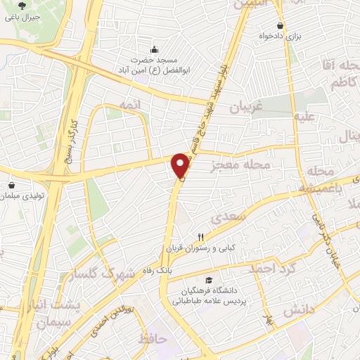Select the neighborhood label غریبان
pyautogui.click(x=246, y=108)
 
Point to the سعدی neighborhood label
pyautogui.click(x=233, y=218)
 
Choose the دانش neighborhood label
pyautogui.click(x=300, y=309)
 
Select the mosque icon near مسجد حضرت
pyautogui.click(x=155, y=50)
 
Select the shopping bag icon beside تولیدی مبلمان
pyautogui.click(x=12, y=186)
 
